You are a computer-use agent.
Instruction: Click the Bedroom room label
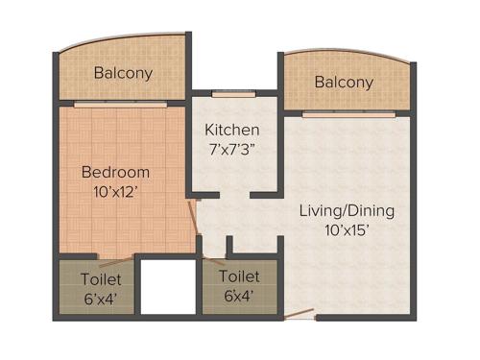(x=115, y=173)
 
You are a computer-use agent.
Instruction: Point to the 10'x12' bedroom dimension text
(x=115, y=191)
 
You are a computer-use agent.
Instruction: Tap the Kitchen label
(x=232, y=130)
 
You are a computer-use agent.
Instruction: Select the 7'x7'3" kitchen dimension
(x=232, y=149)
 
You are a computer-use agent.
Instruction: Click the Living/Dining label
(x=347, y=210)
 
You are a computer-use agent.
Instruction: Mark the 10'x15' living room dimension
(x=347, y=230)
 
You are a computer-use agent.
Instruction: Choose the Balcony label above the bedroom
(x=123, y=73)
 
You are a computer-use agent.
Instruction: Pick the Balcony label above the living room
(x=344, y=83)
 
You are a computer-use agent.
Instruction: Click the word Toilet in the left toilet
(x=101, y=278)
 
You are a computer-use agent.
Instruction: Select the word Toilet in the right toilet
(x=238, y=276)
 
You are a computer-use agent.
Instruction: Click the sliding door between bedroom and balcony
(x=123, y=103)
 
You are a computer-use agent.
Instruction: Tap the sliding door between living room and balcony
(x=348, y=114)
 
